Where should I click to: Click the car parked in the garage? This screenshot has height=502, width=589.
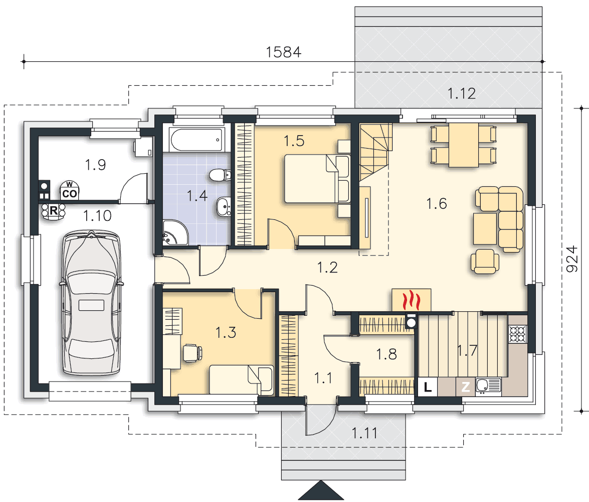pos(91,303)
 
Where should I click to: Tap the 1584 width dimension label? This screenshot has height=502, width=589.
pos(284,52)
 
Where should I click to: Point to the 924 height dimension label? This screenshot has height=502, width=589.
pos(572,259)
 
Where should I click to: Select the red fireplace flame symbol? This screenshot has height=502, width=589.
pos(412,300)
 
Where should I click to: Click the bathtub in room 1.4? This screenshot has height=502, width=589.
pos(197,140)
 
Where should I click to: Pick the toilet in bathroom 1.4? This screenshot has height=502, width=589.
pos(220,175)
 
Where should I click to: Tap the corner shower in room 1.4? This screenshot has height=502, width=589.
pos(174,233)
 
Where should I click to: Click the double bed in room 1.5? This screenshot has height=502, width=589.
pos(317,179)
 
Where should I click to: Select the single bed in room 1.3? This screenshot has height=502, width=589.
pos(242,380)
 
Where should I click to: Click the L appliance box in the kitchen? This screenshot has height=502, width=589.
pos(428,387)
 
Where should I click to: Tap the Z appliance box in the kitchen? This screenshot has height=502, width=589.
pos(465,387)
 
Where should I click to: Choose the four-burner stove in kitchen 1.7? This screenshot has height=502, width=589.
pos(518,334)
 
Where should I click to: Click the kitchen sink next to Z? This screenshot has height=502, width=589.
pos(488,386)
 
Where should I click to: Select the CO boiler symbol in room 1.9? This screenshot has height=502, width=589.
pos(70,191)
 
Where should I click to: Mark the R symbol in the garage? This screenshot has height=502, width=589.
pos(53,211)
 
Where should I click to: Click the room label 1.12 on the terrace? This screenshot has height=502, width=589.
pos(461,93)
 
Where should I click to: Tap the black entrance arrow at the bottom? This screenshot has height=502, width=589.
pos(321,490)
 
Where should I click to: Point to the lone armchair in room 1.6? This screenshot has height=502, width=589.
pos(485,261)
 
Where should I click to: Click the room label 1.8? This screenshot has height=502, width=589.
pos(386,354)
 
